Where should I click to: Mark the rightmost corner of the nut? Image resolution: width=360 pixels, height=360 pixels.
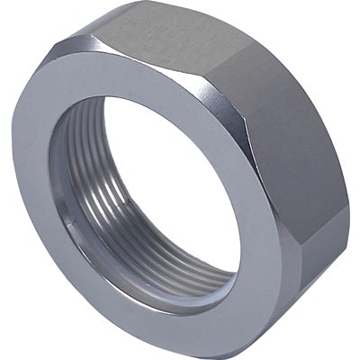[349, 184]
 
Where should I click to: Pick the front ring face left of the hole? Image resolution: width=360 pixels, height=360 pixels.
[34, 180]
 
